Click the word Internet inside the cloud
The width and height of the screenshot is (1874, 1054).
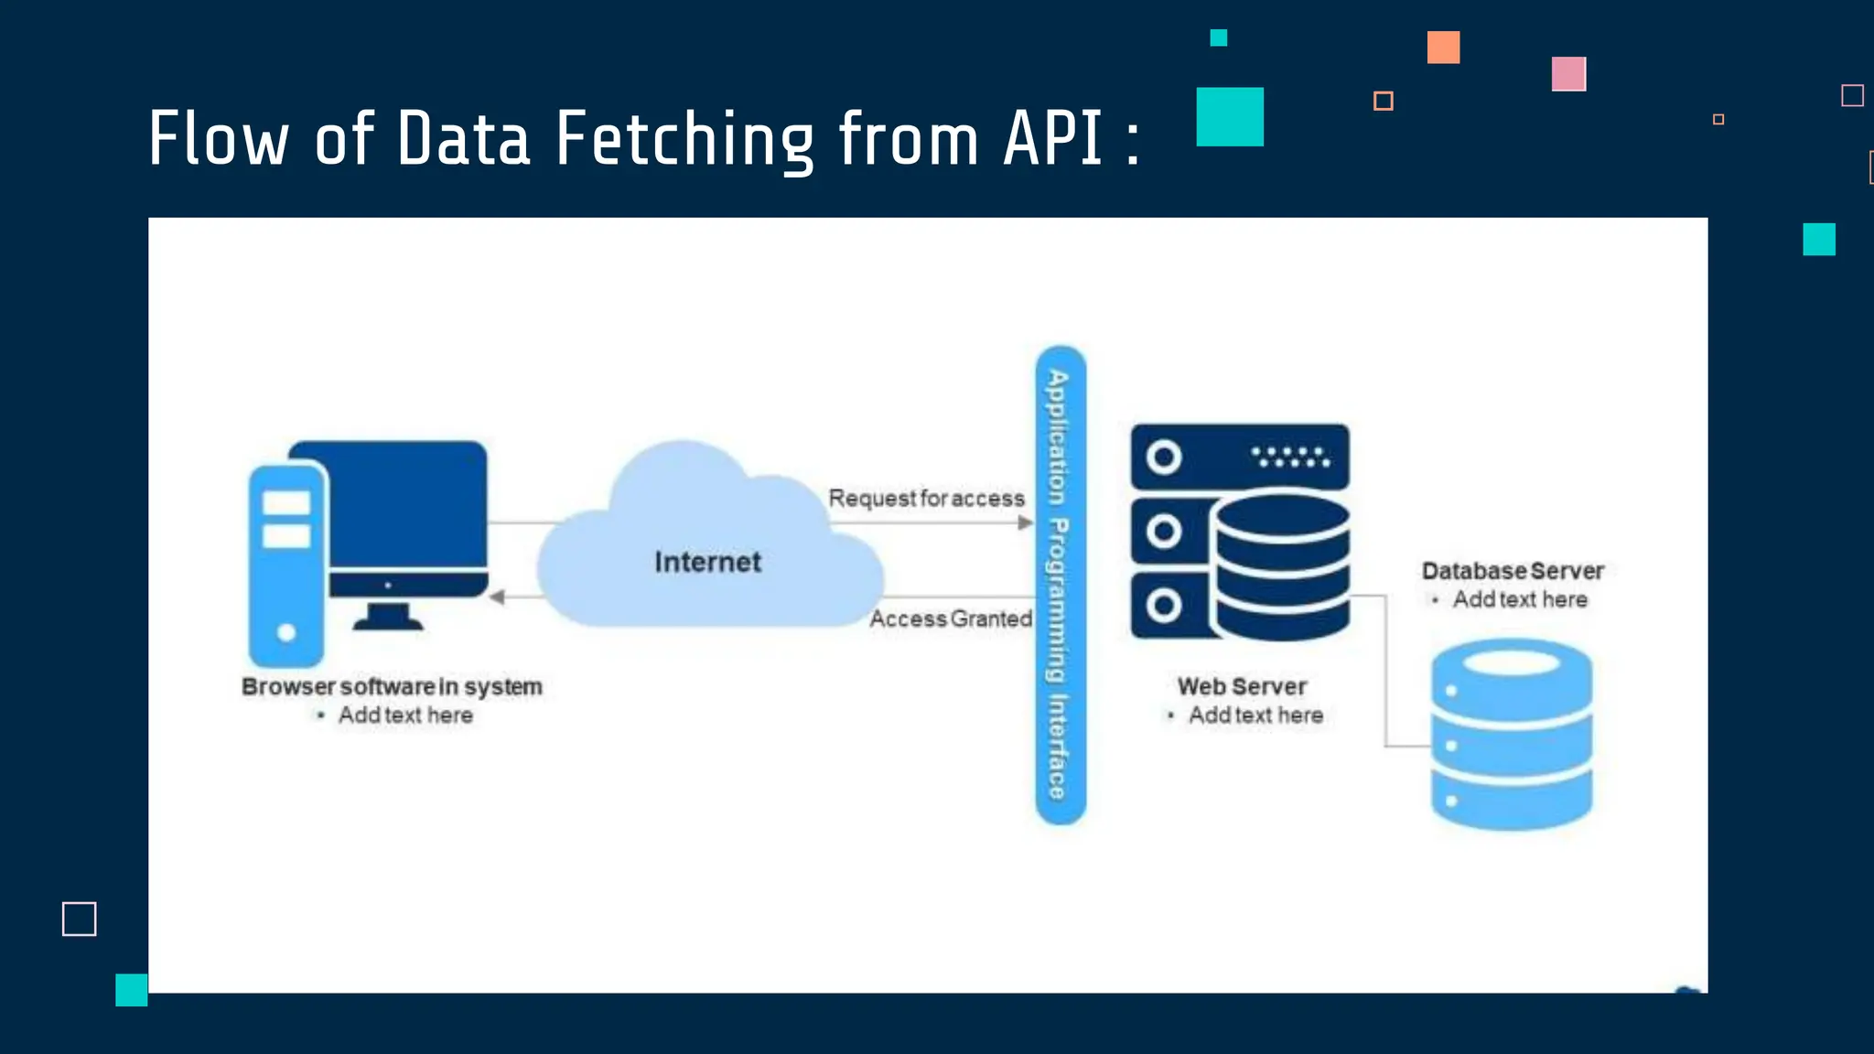coord(707,562)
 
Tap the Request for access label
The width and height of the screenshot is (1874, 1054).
coord(926,499)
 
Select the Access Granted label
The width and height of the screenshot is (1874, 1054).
coord(950,619)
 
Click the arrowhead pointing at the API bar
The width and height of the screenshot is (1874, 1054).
coord(1026,523)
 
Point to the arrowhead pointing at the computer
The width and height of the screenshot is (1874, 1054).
coord(497,597)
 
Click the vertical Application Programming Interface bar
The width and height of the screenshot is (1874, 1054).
coord(1060,586)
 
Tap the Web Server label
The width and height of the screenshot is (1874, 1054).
coord(1242,686)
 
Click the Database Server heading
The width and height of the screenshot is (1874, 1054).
coord(1513,571)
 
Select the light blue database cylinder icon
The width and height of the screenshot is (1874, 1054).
coord(1511,735)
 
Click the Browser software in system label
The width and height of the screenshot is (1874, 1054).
coord(392,686)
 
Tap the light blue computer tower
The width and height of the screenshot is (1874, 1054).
coord(286,567)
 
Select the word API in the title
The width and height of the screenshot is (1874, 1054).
coord(1052,139)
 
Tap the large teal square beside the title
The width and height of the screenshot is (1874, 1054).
coord(1230,117)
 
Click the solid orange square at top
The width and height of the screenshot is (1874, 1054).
coord(1443,48)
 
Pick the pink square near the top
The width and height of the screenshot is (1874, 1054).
coord(1568,74)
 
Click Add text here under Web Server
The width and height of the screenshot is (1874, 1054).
coord(1255,715)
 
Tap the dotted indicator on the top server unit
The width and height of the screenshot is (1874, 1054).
coord(1290,457)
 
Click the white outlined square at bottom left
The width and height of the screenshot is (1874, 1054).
coord(80,919)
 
